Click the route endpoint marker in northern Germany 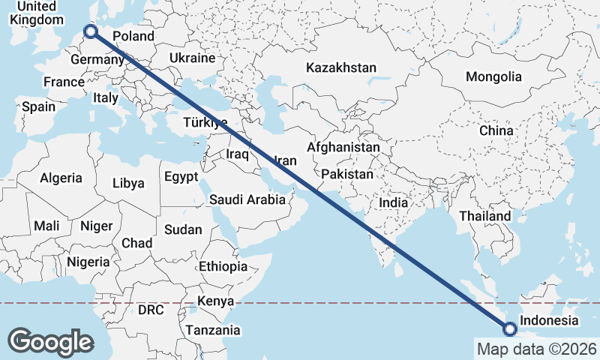tap(91, 31)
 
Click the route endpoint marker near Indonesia tap(510, 328)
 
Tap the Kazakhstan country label tap(341, 67)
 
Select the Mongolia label tap(493, 76)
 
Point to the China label tap(496, 130)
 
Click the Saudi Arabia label tap(247, 199)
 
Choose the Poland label tap(133, 36)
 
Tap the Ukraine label tap(192, 58)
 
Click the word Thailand tap(485, 216)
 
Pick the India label tap(394, 202)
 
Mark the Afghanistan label tap(343, 148)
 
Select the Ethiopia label tap(223, 266)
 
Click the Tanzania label tap(213, 330)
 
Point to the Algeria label tap(61, 178)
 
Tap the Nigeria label tap(88, 262)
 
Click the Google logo tap(50, 342)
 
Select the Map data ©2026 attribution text tap(536, 349)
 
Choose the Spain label tap(38, 106)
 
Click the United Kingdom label tap(36, 13)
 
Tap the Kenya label tap(216, 301)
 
